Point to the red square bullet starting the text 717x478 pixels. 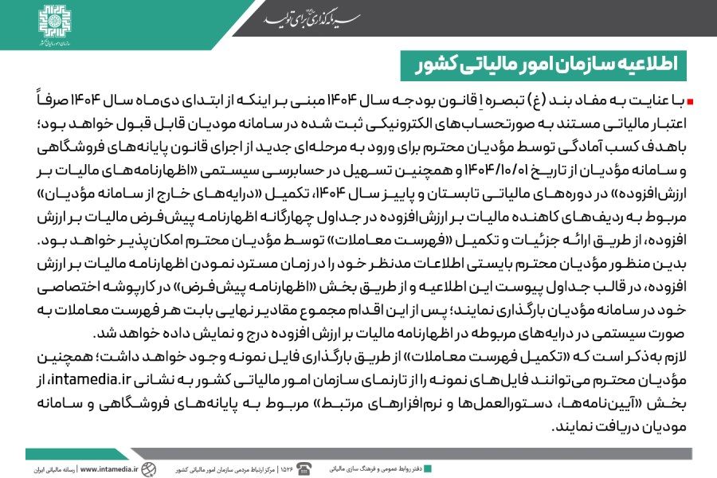pyautogui.click(x=690, y=103)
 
